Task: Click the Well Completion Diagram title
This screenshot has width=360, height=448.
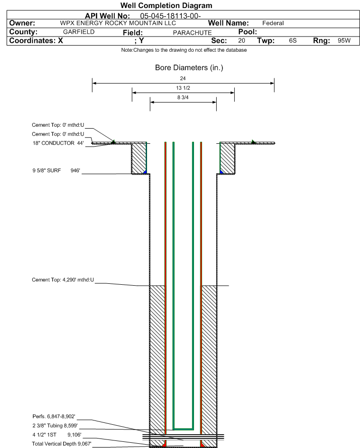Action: (166, 5)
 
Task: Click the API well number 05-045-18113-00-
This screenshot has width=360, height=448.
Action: (170, 16)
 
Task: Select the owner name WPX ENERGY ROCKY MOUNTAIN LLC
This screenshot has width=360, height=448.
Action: (118, 23)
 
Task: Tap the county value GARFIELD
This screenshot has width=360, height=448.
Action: (79, 32)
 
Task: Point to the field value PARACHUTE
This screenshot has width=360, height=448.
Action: (193, 33)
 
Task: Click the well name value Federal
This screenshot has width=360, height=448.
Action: (273, 23)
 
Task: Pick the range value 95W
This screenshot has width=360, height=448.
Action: (344, 40)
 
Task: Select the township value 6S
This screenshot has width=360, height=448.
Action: (293, 40)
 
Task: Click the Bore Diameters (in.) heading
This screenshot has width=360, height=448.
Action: (189, 68)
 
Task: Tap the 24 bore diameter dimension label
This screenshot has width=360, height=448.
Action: (183, 78)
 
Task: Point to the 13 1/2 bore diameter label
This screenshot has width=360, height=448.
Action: (183, 88)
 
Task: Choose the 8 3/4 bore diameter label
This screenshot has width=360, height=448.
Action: (183, 97)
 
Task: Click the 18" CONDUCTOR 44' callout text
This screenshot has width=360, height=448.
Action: (58, 143)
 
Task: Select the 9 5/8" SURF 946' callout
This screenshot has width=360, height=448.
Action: (56, 170)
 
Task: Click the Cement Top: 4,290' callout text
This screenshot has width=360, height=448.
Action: (63, 280)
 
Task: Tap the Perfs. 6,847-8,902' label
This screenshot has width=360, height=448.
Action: (54, 416)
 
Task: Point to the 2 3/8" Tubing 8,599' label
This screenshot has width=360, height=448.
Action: (55, 425)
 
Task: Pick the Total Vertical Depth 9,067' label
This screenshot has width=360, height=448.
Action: (62, 444)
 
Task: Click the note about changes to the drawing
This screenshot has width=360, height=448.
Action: (184, 50)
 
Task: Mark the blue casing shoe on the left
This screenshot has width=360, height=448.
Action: (145, 172)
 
